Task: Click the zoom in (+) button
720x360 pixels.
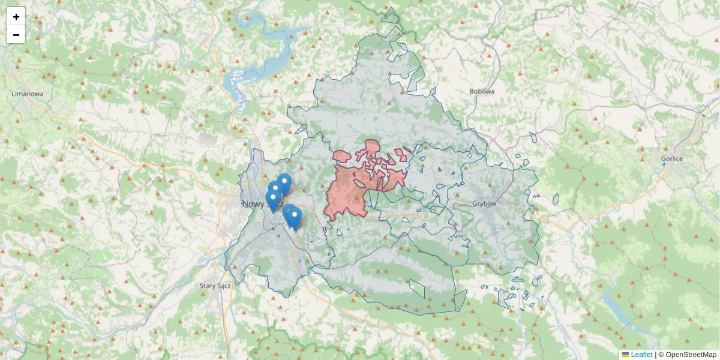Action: (x=16, y=17)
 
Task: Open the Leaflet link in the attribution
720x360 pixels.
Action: (x=641, y=355)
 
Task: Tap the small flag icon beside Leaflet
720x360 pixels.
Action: (x=625, y=355)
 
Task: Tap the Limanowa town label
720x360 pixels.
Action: (x=28, y=94)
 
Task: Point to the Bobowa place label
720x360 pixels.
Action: (x=482, y=92)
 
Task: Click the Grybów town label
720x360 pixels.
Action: (x=484, y=203)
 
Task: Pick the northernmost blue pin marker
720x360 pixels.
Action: (x=284, y=182)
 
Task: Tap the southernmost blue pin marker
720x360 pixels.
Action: (x=294, y=217)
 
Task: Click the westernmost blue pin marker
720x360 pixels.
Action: (x=272, y=199)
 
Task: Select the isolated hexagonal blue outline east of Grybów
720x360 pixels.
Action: (x=556, y=199)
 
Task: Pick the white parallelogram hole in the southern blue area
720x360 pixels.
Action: (x=417, y=289)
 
